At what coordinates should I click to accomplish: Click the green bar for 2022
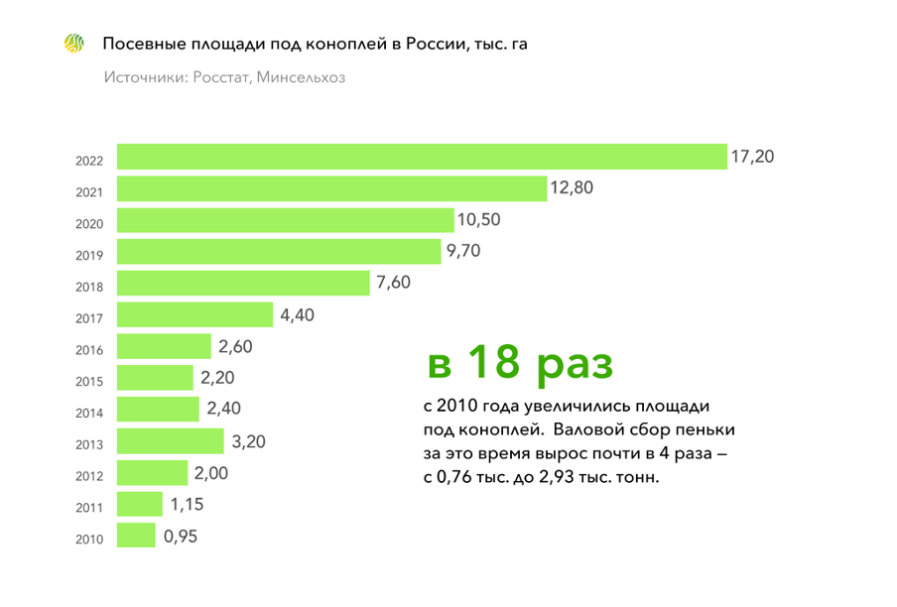pos(422,158)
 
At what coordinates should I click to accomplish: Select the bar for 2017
pos(194,315)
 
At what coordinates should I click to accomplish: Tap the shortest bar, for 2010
pos(136,537)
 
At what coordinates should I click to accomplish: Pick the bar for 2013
pos(171,441)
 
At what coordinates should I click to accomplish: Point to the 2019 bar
pos(279,252)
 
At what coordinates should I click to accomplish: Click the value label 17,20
pos(752,157)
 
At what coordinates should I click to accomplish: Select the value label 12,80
pos(572,187)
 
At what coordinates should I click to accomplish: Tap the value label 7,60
pos(393,283)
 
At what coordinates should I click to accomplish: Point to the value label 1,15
pos(187,505)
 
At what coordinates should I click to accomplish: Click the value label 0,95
pos(182,537)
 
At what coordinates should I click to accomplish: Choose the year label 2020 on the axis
pos(89,224)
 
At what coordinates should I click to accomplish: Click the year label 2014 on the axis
pos(89,414)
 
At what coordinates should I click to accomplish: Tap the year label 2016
pos(89,350)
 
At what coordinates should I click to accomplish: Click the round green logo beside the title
pos(74,44)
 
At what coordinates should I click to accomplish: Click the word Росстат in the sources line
pos(217,77)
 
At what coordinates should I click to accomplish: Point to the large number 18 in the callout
pos(493,363)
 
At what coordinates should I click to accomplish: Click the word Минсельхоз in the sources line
pos(302,77)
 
